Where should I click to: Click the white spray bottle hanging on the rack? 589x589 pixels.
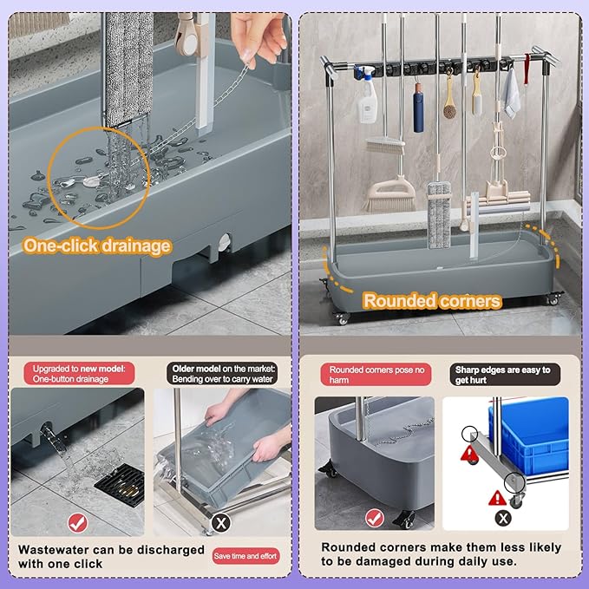click(x=366, y=95)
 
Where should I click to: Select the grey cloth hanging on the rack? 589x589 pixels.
click(x=512, y=93)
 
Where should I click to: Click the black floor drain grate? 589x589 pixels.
click(x=121, y=485)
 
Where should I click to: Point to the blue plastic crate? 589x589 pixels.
click(x=529, y=435)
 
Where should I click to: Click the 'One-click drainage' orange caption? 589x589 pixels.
click(x=97, y=246)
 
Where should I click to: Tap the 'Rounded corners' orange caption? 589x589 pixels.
click(x=432, y=301)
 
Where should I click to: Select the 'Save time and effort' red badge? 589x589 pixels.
click(x=245, y=556)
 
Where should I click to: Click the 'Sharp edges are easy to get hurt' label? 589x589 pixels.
click(x=505, y=375)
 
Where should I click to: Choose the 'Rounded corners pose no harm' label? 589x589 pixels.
click(x=376, y=375)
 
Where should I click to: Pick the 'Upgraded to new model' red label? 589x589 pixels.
click(x=79, y=373)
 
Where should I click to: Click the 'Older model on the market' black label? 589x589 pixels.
click(x=222, y=373)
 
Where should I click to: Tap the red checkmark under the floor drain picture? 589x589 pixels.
click(x=78, y=523)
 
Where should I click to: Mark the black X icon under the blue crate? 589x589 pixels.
click(x=503, y=519)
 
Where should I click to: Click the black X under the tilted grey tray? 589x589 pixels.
click(x=221, y=523)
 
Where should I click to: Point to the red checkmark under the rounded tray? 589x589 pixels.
click(x=375, y=519)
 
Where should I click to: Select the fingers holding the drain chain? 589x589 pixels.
click(x=259, y=39)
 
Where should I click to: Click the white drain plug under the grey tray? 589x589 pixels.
click(x=224, y=242)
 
